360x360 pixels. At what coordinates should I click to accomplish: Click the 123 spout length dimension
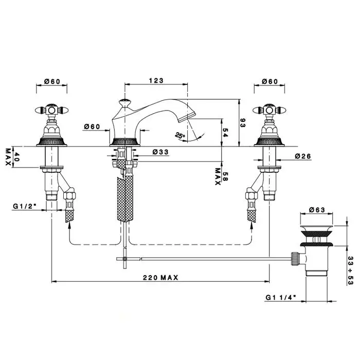[156, 81]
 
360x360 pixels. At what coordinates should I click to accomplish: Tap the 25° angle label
[180, 136]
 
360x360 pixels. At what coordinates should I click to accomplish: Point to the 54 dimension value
[225, 132]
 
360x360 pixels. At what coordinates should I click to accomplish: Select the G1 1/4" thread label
[281, 297]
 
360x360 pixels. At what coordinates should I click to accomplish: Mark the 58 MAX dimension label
[221, 177]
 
